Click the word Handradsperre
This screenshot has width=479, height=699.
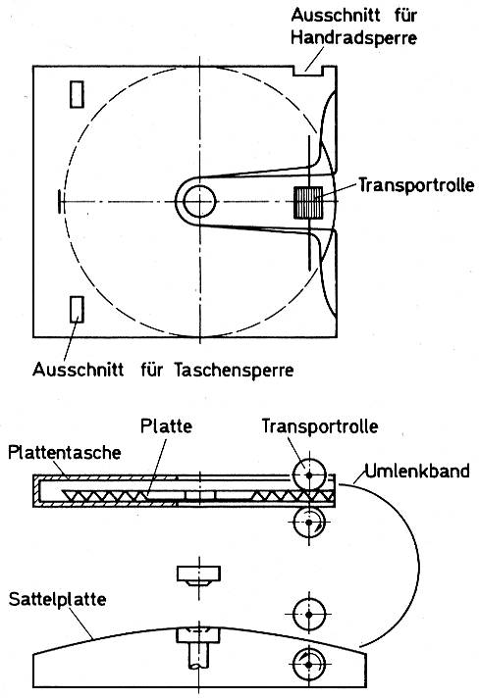pos(353,37)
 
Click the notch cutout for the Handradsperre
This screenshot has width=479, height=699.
pos(307,71)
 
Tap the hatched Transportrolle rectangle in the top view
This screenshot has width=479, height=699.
pos(308,202)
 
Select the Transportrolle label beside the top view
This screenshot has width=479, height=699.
pos(416,185)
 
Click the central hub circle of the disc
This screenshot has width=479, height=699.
pos(199,202)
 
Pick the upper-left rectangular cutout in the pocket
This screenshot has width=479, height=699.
pos(77,94)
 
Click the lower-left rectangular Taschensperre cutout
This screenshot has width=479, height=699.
pos(77,310)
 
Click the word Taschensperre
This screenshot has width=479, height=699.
pos(234,370)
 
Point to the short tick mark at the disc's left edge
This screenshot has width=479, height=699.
pos(59,202)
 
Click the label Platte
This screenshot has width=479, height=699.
pos(166,425)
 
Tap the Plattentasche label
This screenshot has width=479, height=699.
pos(65,453)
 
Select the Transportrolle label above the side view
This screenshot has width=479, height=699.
pos(320,426)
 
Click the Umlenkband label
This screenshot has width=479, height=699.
pos(417,471)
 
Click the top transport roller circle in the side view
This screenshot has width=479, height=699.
pos(309,475)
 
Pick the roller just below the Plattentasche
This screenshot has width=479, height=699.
pos(309,523)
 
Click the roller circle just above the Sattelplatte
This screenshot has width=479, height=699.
pos(309,615)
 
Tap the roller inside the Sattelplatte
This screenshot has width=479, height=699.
pos(309,665)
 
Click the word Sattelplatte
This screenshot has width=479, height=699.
pos(57,599)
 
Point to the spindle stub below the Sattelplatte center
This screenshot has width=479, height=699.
pos(199,655)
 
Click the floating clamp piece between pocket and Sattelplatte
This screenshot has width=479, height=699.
pos(199,575)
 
